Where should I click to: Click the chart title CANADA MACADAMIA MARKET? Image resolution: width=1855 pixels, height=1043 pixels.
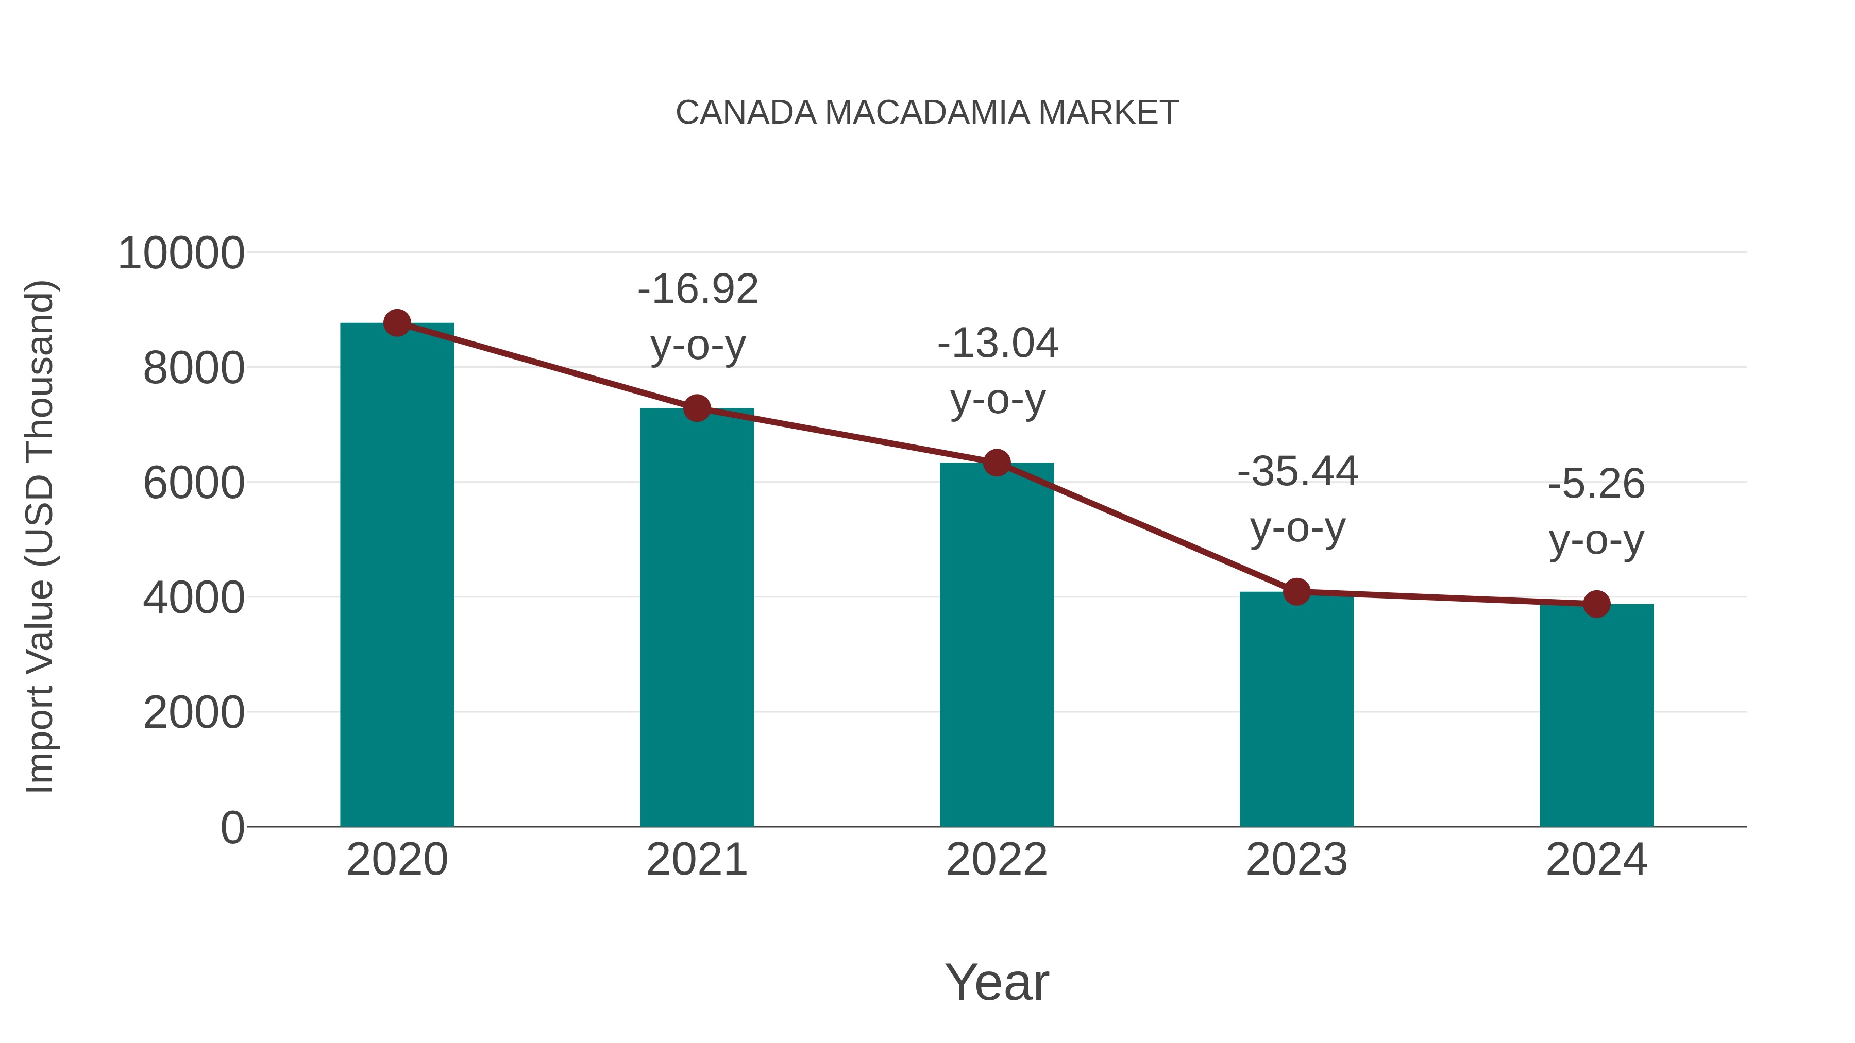(927, 113)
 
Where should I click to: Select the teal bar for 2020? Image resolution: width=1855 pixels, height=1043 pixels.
(397, 576)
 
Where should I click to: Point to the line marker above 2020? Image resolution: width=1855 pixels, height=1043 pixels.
(397, 323)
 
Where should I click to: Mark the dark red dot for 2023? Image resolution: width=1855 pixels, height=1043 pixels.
(1296, 592)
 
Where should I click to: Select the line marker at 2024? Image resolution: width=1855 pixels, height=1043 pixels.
(1596, 604)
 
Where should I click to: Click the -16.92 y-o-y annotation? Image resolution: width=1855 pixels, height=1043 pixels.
(698, 317)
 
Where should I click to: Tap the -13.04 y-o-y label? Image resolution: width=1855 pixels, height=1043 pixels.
(998, 371)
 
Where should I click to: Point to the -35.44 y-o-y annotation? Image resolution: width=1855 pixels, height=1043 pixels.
(1297, 500)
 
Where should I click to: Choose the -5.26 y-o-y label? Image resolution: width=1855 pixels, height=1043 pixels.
(1596, 512)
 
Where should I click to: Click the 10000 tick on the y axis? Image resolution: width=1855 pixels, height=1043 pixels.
(181, 253)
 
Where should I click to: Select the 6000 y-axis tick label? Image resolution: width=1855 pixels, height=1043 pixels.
(194, 483)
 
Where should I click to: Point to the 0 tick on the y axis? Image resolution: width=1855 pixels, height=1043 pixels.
(232, 827)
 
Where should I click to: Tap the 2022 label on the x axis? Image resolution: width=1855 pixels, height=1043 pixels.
(997, 860)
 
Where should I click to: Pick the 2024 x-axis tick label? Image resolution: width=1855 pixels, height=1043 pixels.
(1596, 860)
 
